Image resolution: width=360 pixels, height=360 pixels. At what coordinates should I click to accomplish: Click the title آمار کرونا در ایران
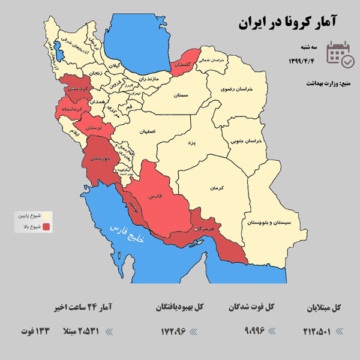287,23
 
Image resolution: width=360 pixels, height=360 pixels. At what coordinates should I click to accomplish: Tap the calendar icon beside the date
340,53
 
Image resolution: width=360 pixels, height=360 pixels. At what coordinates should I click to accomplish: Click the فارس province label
162,196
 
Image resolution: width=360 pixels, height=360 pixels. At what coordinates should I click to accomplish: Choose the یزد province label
191,143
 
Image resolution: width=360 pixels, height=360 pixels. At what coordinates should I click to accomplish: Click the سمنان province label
182,95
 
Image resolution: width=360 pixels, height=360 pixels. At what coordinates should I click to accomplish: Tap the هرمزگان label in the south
204,230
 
